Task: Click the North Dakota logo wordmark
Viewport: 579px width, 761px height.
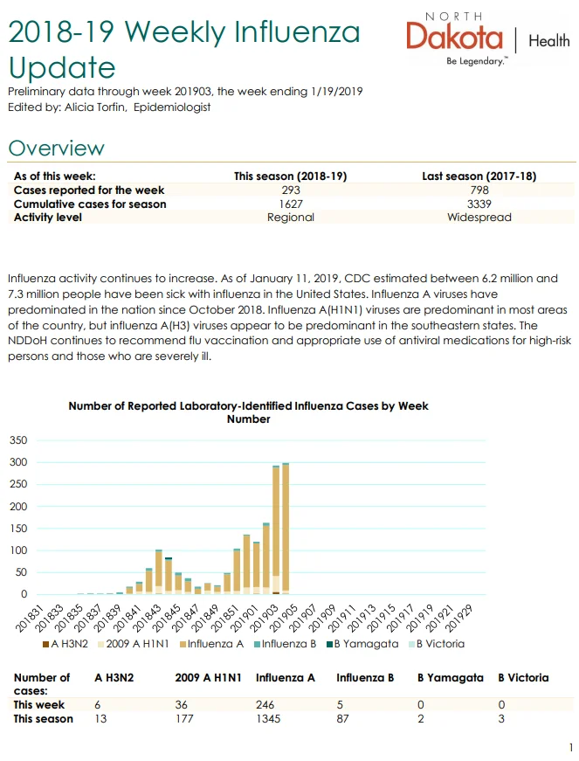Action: [454, 36]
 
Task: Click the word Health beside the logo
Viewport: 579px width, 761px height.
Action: [549, 40]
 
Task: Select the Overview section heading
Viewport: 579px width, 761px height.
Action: [56, 148]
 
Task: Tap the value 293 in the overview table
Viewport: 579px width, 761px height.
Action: [291, 190]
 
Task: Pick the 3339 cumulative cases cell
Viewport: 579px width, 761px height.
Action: [479, 204]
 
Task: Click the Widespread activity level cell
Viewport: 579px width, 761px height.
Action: [479, 217]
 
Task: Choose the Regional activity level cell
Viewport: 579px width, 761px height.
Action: [291, 217]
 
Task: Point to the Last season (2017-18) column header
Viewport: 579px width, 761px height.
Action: [479, 176]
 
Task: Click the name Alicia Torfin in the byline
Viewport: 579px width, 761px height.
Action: [94, 107]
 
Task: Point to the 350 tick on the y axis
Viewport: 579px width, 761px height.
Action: [18, 440]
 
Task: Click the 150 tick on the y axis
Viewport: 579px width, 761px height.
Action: [18, 528]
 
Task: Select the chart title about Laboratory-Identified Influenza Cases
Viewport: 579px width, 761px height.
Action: [248, 412]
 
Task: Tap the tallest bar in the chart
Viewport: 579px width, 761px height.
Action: [286, 529]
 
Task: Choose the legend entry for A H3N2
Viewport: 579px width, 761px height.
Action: [65, 644]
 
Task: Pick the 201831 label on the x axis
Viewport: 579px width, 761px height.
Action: [30, 619]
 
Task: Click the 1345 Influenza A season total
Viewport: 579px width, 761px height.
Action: [268, 718]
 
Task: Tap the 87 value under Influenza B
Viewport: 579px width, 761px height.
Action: [342, 718]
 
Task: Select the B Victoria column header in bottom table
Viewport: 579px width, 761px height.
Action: [523, 677]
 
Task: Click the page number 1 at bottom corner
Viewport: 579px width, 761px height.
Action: [571, 747]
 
